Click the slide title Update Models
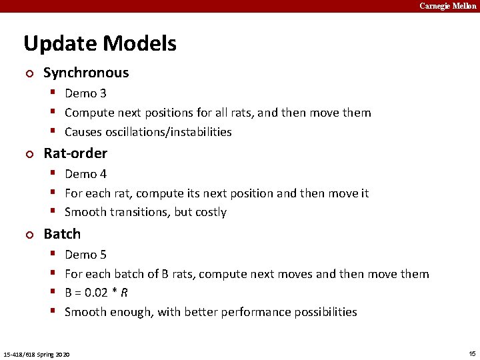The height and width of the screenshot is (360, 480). point(100,44)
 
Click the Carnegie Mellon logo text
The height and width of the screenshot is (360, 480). point(447,6)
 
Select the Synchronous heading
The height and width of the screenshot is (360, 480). point(86,73)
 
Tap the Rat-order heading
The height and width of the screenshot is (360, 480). point(75,153)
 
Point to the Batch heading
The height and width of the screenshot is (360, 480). point(62,234)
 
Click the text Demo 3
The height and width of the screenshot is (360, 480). point(85,93)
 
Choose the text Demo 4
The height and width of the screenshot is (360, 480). point(85,174)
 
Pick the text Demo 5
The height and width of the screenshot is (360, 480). point(85,255)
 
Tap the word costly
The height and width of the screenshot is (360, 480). point(211,213)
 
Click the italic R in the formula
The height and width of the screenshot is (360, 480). point(125,293)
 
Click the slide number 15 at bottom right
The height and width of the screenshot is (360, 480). point(472,352)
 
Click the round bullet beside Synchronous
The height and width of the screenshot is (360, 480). point(28,73)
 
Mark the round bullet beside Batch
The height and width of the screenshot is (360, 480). point(28,235)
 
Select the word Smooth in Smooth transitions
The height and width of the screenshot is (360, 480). point(84,213)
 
